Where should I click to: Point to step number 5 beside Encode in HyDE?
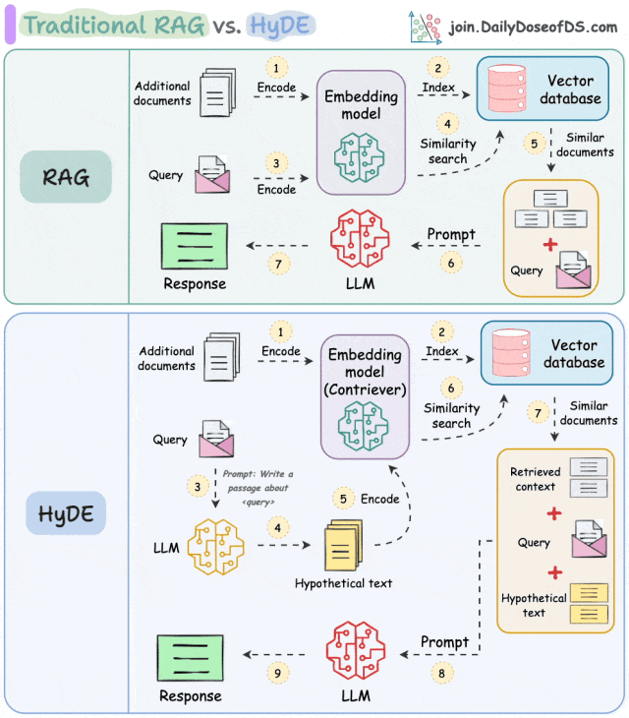coord(343,498)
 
